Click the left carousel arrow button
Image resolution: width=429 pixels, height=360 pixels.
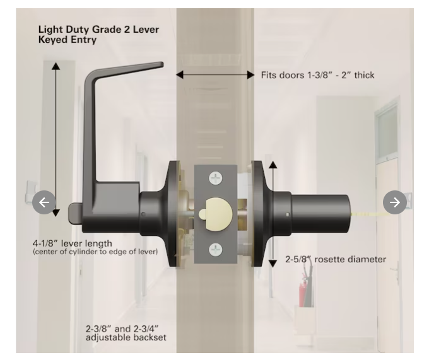coord(44,202)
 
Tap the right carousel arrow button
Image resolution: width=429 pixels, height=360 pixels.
coord(395,202)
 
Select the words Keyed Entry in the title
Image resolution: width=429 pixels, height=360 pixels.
coord(68,40)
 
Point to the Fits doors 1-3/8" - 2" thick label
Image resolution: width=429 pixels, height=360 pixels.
coord(317,75)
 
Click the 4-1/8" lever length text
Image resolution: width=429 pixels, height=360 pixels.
coord(73,243)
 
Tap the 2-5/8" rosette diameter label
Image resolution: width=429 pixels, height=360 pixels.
coord(335,259)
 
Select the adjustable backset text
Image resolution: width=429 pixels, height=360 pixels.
coord(126,337)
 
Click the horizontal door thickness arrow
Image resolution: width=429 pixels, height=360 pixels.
coord(214,74)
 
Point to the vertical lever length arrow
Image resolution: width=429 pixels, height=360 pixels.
coord(56,139)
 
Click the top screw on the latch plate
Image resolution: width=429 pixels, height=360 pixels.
coord(216,178)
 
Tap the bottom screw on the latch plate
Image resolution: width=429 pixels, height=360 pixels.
coord(216,250)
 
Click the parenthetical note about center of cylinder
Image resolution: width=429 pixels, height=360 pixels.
coord(95,252)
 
